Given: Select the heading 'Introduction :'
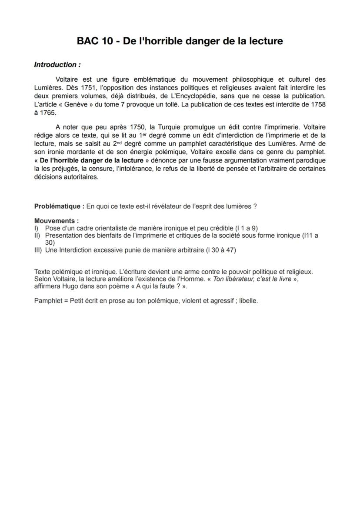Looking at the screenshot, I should coord(57,65).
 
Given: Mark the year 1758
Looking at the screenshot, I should coord(318,104).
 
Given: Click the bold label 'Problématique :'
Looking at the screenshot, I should coord(59,206).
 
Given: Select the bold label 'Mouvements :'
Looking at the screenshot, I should coord(56,221).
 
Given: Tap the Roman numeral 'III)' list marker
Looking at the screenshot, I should coord(39,250).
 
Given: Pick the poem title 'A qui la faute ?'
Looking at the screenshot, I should coord(157,286).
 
